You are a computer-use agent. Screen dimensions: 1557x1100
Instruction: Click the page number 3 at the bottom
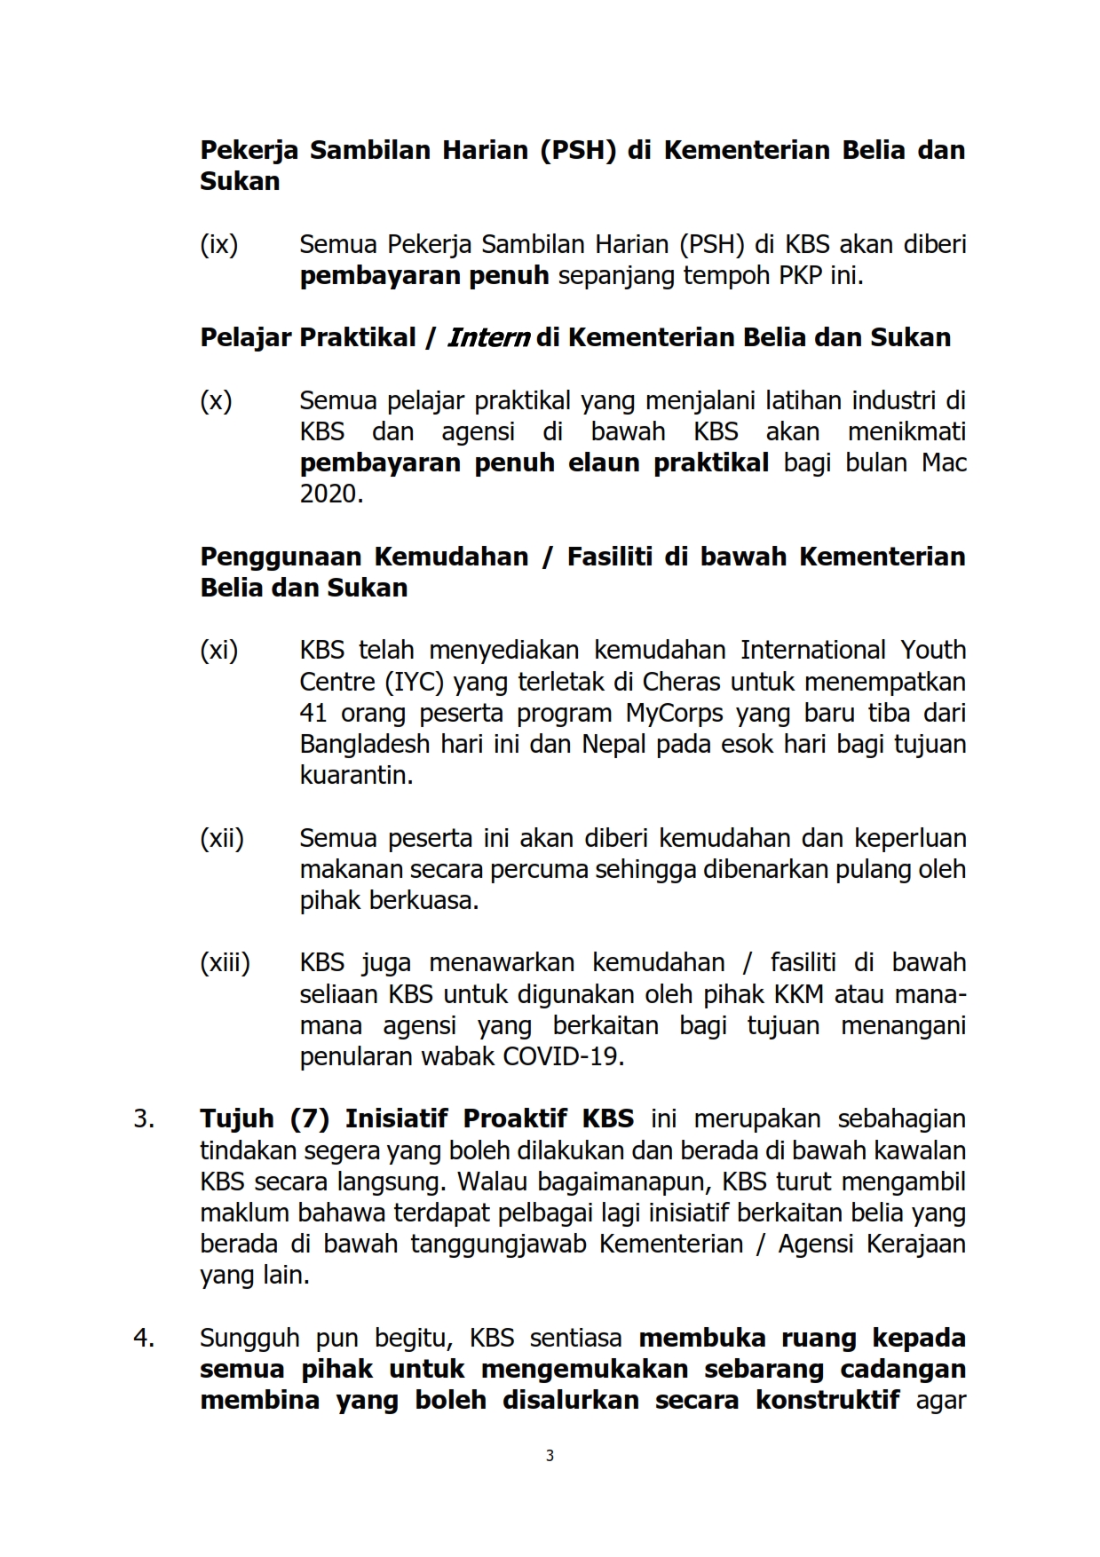pyautogui.click(x=550, y=1455)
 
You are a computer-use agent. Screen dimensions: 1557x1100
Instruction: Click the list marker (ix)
pyautogui.click(x=219, y=245)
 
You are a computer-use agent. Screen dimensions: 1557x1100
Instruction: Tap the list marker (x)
pyautogui.click(x=216, y=401)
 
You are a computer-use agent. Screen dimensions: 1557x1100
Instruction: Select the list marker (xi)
pyautogui.click(x=219, y=651)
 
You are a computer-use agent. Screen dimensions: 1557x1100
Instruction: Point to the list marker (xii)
pyautogui.click(x=222, y=838)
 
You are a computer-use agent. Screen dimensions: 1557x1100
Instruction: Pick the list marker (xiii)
pyautogui.click(x=225, y=963)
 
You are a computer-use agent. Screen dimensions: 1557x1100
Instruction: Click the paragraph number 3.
pyautogui.click(x=143, y=1118)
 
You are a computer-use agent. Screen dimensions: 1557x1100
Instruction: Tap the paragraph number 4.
pyautogui.click(x=143, y=1338)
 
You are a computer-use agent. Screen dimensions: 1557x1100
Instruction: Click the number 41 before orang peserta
pyautogui.click(x=314, y=713)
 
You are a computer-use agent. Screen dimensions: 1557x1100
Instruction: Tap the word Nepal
pyautogui.click(x=613, y=744)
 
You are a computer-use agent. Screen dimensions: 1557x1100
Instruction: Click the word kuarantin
pyautogui.click(x=356, y=775)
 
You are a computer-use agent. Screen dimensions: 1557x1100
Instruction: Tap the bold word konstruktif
pyautogui.click(x=827, y=1400)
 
